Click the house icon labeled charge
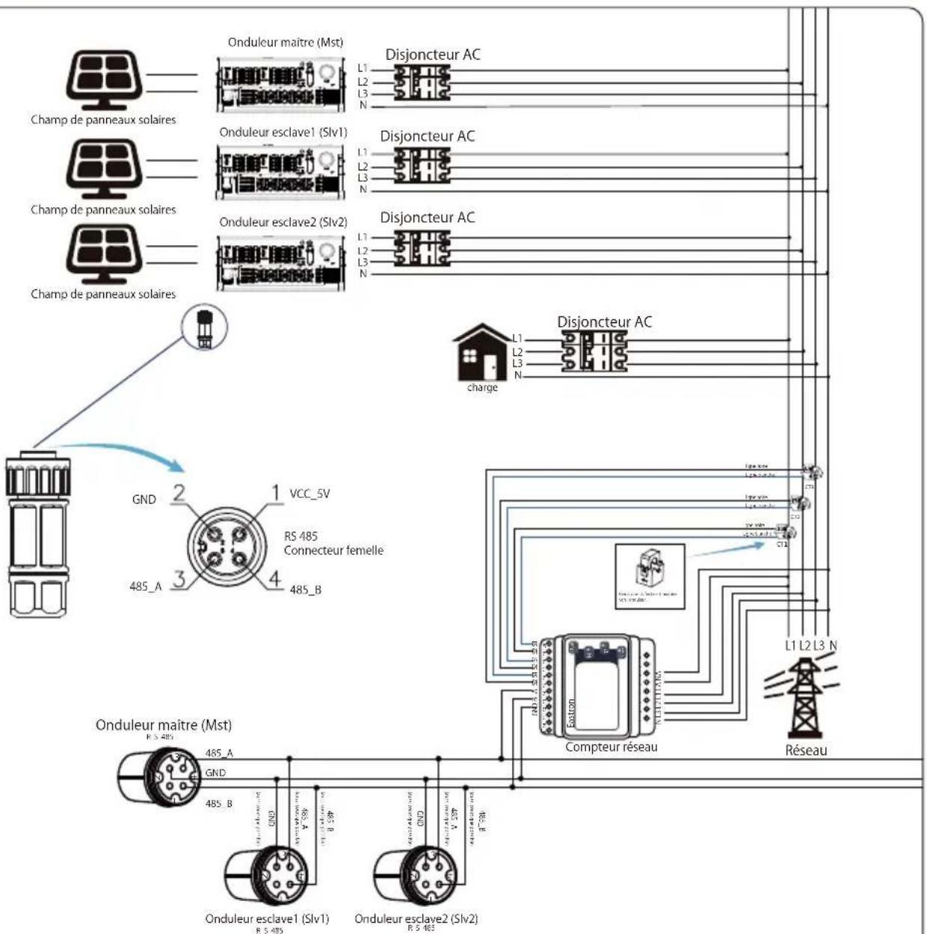pos(482,353)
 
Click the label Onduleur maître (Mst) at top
pos(285,43)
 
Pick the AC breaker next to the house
pos(594,351)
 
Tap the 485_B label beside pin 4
pos(305,590)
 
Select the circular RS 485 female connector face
pos(226,544)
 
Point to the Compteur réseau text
pos(611,747)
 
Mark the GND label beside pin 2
pos(144,500)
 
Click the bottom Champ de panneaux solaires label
pos(103,294)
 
